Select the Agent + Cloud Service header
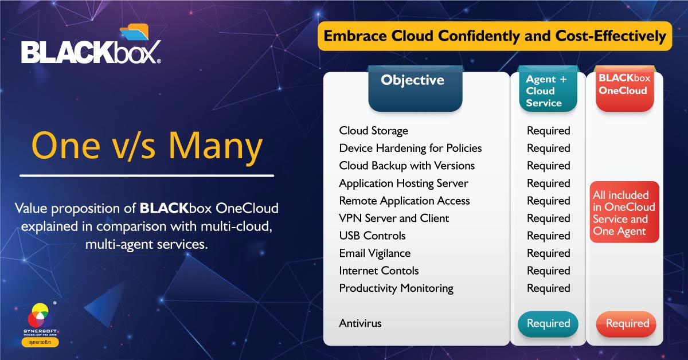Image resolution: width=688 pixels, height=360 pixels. (545, 91)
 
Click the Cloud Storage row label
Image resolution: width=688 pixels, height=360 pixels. (373, 131)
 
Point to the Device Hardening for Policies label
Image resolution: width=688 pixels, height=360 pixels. (410, 148)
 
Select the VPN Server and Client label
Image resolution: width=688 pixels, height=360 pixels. (394, 218)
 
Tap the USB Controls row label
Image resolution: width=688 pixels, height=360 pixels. (372, 236)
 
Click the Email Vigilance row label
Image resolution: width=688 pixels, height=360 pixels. (374, 253)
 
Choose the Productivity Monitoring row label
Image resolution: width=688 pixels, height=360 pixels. (396, 288)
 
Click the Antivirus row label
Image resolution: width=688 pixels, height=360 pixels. (360, 323)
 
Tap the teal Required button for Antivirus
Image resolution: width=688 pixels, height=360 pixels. (548, 323)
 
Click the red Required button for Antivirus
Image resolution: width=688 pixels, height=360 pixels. (627, 323)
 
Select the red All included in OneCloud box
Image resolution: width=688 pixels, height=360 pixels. (624, 213)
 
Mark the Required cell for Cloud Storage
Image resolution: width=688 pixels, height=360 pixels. (548, 131)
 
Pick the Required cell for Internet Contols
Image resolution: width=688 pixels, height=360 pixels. (548, 271)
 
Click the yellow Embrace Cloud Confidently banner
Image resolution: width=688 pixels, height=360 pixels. (494, 36)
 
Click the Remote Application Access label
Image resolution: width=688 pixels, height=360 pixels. (404, 201)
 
